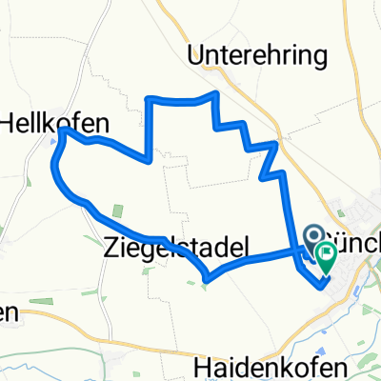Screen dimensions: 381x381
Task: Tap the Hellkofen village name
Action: click(x=54, y=123)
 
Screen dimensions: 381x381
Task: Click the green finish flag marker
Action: click(x=327, y=254)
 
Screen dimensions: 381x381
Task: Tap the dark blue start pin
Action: click(x=313, y=235)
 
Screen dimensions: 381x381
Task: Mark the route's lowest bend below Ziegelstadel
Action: click(x=207, y=279)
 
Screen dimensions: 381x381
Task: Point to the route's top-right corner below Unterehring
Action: click(x=219, y=93)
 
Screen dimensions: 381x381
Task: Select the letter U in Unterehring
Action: click(x=197, y=57)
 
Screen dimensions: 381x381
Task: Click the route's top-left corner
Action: click(x=146, y=97)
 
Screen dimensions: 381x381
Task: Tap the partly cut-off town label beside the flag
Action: click(x=357, y=236)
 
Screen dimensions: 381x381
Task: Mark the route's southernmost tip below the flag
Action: click(x=322, y=282)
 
